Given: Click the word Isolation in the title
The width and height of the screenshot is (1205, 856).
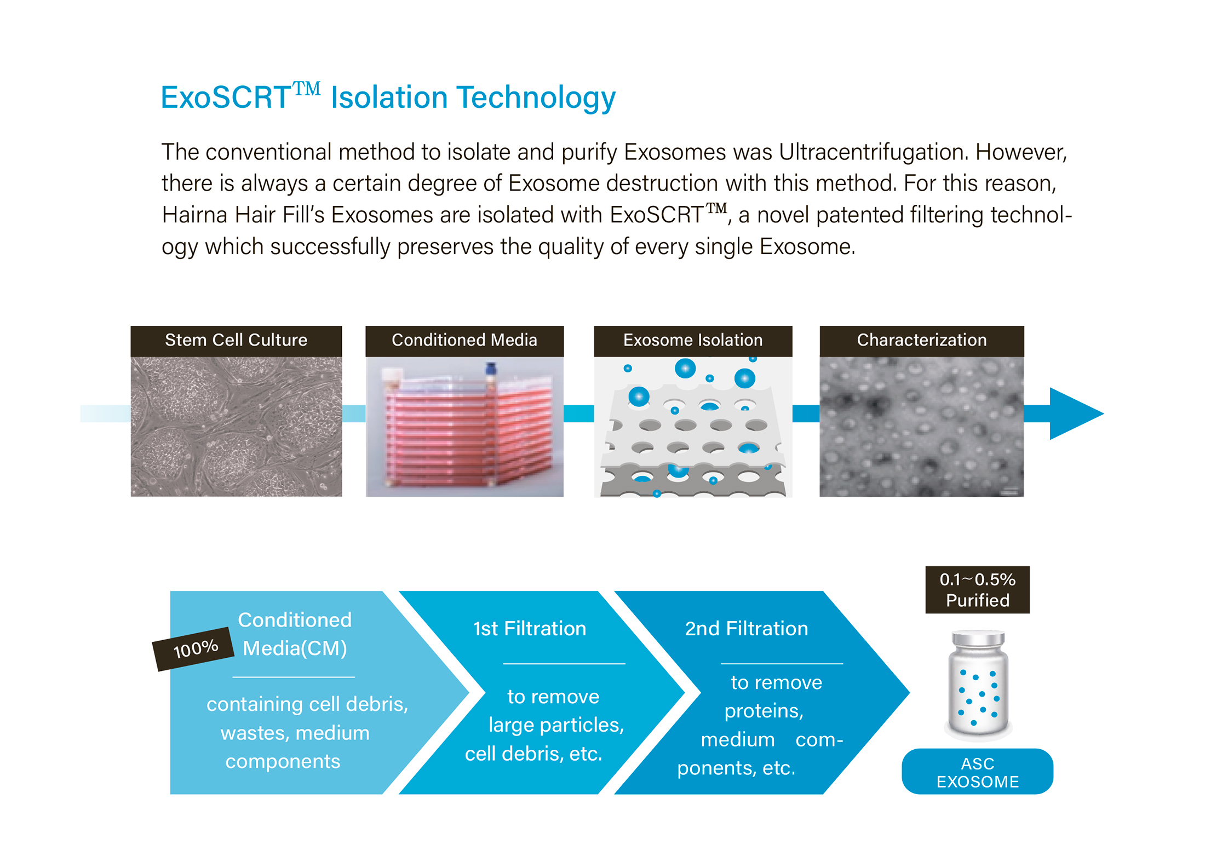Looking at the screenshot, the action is pyautogui.click(x=389, y=97).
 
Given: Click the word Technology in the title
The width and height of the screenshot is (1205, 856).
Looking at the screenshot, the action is pyautogui.click(x=537, y=99).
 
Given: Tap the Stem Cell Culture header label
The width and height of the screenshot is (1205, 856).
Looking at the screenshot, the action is pyautogui.click(x=236, y=341).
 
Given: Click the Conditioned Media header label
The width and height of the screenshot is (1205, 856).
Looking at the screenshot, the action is pyautogui.click(x=464, y=341).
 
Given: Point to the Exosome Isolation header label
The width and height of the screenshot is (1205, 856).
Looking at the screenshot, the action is pyautogui.click(x=693, y=341).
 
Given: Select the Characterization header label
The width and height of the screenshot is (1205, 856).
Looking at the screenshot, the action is pyautogui.click(x=922, y=341).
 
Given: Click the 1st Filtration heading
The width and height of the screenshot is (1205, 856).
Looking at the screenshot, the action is pyautogui.click(x=530, y=629).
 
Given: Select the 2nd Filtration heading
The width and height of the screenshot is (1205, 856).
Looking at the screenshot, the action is pyautogui.click(x=747, y=629).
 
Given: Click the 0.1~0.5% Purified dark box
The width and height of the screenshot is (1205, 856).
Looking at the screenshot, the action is pyautogui.click(x=978, y=590).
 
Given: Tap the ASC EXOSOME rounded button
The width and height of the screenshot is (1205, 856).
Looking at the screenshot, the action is pyautogui.click(x=978, y=772).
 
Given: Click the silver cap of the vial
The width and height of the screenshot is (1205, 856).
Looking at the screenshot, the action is pyautogui.click(x=978, y=639).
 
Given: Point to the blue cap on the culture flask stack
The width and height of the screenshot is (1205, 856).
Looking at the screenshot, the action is pyautogui.click(x=491, y=368).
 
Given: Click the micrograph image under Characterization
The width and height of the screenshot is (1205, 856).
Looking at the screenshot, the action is pyautogui.click(x=922, y=427).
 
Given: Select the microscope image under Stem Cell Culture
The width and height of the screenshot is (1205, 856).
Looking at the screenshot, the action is pyautogui.click(x=236, y=427).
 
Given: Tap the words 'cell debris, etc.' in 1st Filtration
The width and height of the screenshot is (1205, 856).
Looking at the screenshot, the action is pyautogui.click(x=533, y=754).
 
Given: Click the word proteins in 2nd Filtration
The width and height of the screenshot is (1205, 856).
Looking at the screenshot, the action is pyautogui.click(x=764, y=711).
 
